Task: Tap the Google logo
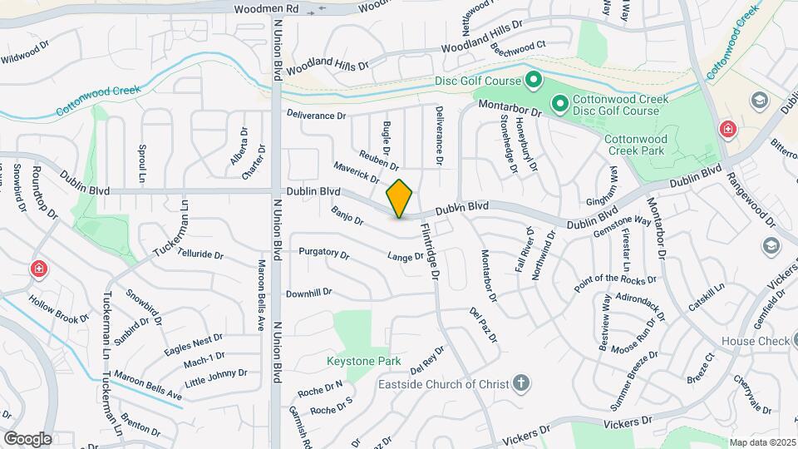point(27,438)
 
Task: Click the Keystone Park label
point(363,361)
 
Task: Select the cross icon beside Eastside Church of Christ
point(520,383)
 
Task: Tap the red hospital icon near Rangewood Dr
point(727,129)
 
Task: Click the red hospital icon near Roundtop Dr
point(38,269)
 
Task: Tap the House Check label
point(755,341)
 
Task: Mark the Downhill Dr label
point(308,293)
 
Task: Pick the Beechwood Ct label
point(518,50)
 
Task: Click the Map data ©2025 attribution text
point(762,442)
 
